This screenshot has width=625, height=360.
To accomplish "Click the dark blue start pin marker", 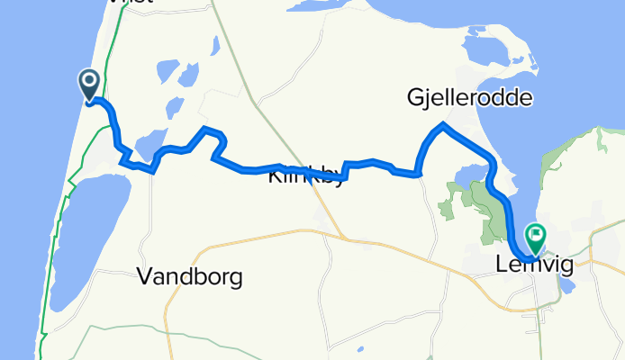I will click(90, 85).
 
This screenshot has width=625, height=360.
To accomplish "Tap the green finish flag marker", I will click(536, 238).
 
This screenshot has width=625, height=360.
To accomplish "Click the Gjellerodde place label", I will click(469, 97).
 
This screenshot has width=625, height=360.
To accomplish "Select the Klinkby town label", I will click(306, 177).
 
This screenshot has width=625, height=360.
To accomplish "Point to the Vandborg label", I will click(190, 278).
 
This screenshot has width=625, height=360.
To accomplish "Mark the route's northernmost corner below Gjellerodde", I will click(442, 123).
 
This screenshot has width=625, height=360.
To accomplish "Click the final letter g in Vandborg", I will click(234, 280).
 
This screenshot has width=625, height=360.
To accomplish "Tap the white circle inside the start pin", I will click(90, 81).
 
